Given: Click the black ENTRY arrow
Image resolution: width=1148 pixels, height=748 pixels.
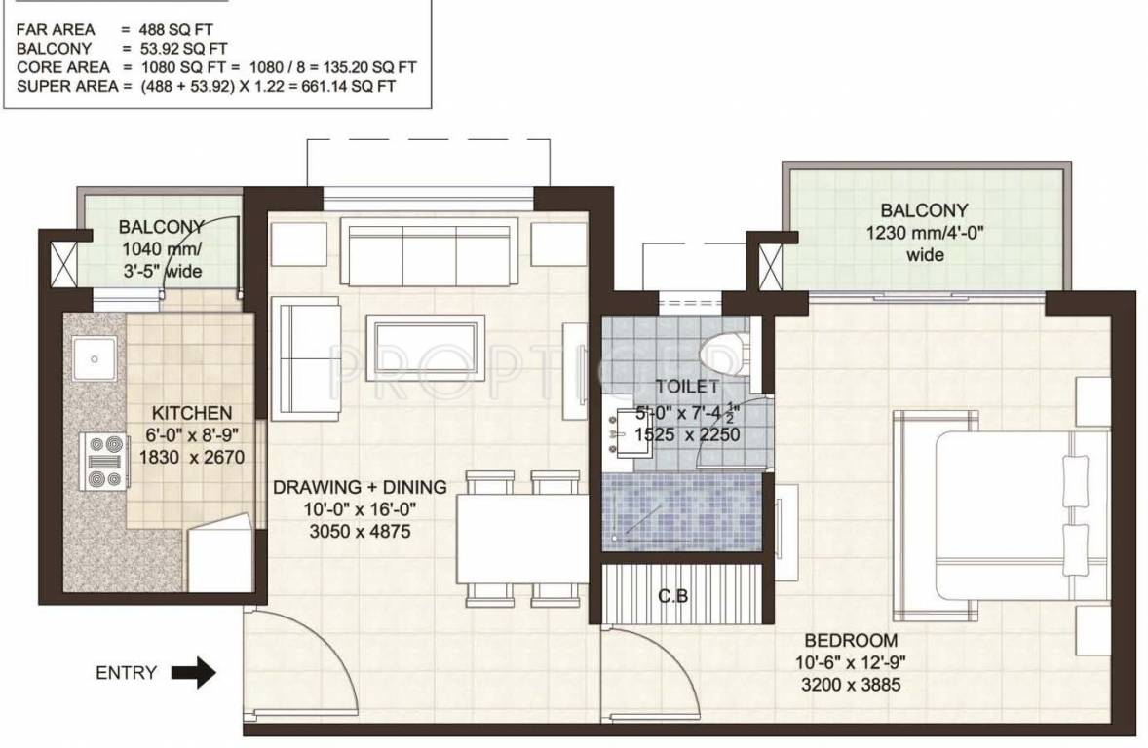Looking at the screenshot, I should point(193,672).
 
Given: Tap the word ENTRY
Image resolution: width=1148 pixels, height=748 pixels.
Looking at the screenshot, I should point(126,672).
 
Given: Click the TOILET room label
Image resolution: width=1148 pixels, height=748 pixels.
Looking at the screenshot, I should point(687,387).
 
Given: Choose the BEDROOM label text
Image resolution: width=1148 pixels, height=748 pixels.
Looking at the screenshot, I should point(850,640).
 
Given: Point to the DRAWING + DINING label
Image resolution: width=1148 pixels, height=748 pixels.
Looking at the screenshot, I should point(360,487).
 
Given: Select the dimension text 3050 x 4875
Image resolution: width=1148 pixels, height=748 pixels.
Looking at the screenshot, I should point(360,532).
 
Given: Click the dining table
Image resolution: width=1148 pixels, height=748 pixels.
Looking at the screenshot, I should point(522,538).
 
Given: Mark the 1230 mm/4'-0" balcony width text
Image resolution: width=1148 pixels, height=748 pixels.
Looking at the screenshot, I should point(924,233).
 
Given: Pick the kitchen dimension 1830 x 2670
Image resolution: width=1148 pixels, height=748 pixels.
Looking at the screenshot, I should point(191,457).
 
